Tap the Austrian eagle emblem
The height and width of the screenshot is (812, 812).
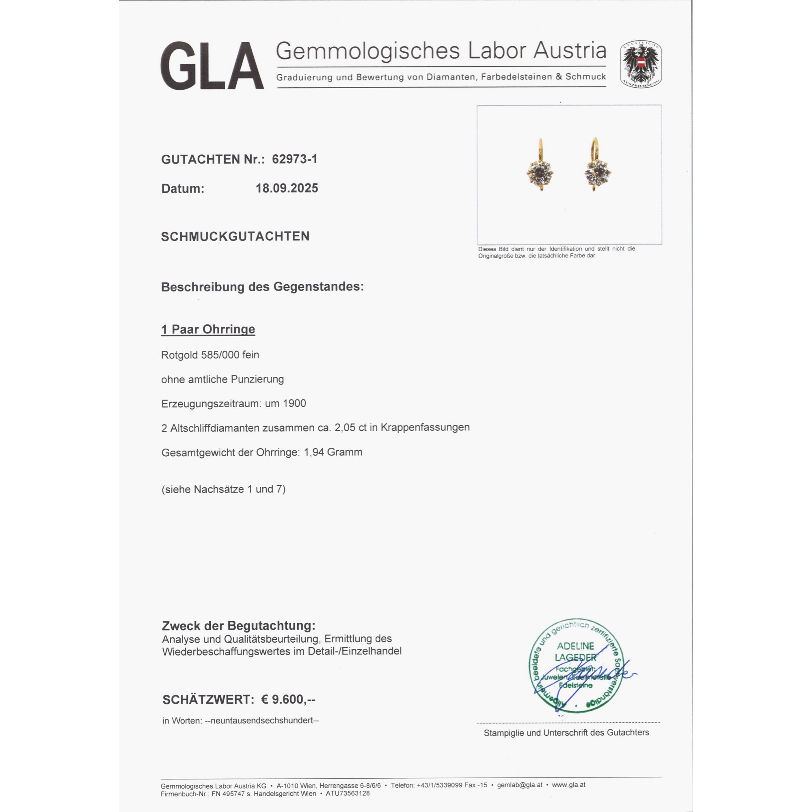pyautogui.click(x=641, y=64)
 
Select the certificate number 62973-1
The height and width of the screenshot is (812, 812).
pyautogui.click(x=295, y=159)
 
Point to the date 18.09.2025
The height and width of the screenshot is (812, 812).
pyautogui.click(x=287, y=188)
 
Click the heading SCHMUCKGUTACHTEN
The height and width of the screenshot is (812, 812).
pyautogui.click(x=235, y=236)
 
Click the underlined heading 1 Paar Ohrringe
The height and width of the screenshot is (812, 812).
pyautogui.click(x=208, y=329)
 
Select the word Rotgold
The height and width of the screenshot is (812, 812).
pyautogui.click(x=179, y=355)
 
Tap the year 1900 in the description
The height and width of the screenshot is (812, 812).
pyautogui.click(x=294, y=404)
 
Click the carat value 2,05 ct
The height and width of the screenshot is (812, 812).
pyautogui.click(x=350, y=428)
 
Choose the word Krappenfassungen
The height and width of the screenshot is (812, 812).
pyautogui.click(x=425, y=428)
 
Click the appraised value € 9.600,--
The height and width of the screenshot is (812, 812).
pyautogui.click(x=288, y=700)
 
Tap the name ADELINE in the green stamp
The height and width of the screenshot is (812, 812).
pyautogui.click(x=575, y=646)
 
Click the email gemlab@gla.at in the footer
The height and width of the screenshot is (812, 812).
pyautogui.click(x=520, y=785)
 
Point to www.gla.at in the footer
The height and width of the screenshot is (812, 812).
pyautogui.click(x=568, y=785)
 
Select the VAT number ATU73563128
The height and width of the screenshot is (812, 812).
pyautogui.click(x=348, y=793)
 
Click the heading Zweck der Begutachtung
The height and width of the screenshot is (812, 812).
pyautogui.click(x=238, y=626)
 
